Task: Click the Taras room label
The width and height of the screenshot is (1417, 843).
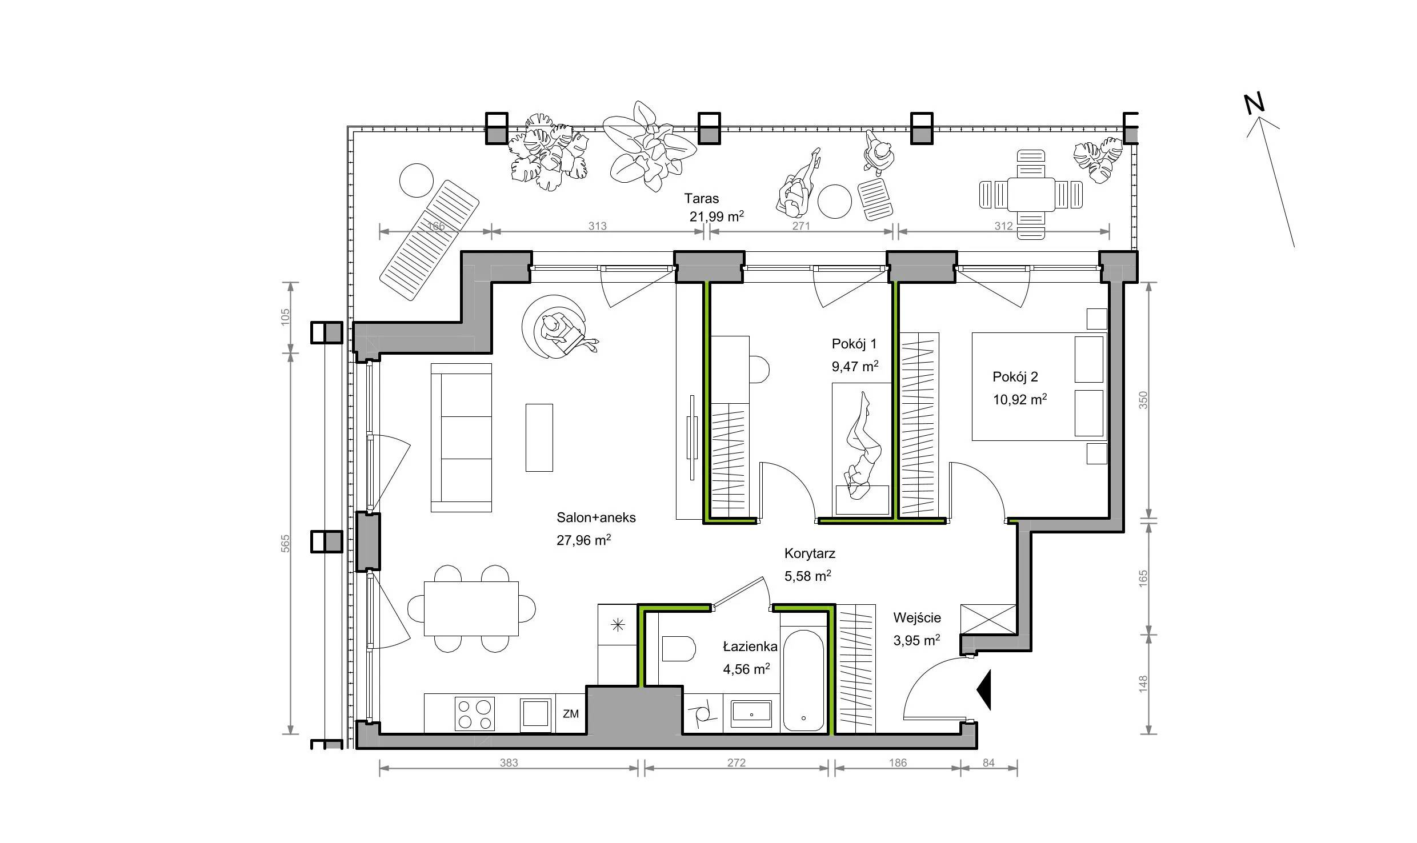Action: coord(702,199)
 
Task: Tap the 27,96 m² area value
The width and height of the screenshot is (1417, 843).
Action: coord(583,540)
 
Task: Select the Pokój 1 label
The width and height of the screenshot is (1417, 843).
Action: coord(854,344)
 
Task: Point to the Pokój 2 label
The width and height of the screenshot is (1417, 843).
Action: coord(1015,377)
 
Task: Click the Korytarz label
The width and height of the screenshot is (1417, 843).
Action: coord(810,553)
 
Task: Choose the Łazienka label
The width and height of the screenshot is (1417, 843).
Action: coord(750,647)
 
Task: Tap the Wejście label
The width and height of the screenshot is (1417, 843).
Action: coord(917,618)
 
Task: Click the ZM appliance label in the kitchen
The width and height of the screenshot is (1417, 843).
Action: coord(571,714)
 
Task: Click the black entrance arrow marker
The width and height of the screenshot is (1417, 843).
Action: coord(984,690)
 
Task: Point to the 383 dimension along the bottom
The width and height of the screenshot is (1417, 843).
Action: coord(509,763)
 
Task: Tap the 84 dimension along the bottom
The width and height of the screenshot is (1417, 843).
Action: coord(989,763)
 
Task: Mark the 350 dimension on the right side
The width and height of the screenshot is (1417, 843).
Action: coord(1143,400)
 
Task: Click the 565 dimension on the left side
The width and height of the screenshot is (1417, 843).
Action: coord(286,543)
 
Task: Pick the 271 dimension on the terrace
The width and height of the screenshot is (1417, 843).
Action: coord(801,226)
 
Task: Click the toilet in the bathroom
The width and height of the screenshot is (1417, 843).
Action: coord(678,649)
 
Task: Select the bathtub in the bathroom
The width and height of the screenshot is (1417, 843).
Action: coord(803,680)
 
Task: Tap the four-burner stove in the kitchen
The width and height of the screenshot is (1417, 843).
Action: coord(475,714)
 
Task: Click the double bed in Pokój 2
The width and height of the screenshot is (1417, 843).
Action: coord(1039,388)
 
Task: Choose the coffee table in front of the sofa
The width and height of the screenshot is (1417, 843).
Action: coord(539,437)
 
